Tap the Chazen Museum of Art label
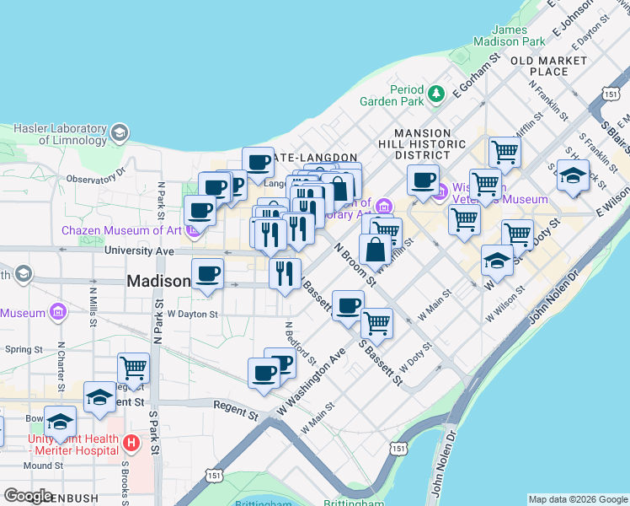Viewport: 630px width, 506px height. tap(122, 230)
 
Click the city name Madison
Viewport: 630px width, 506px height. tap(157, 282)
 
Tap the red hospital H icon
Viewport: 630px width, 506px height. tap(131, 443)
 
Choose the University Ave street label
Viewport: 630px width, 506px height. tap(139, 251)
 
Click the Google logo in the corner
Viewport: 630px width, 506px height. tap(28, 496)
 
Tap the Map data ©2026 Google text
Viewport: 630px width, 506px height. tap(578, 499)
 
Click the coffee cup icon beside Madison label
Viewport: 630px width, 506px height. tap(207, 273)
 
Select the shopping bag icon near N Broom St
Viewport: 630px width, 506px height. tap(374, 250)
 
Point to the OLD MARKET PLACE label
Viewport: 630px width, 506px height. tap(549, 66)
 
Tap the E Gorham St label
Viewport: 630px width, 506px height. tap(476, 77)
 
